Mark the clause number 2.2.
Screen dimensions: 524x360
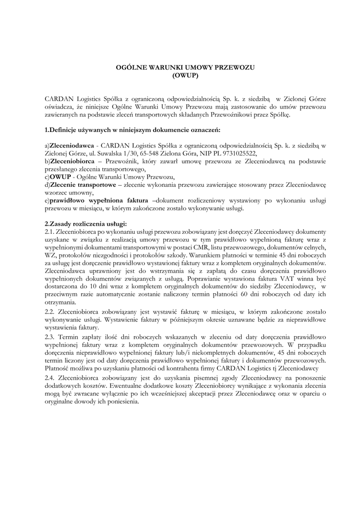[x=50, y=312]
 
